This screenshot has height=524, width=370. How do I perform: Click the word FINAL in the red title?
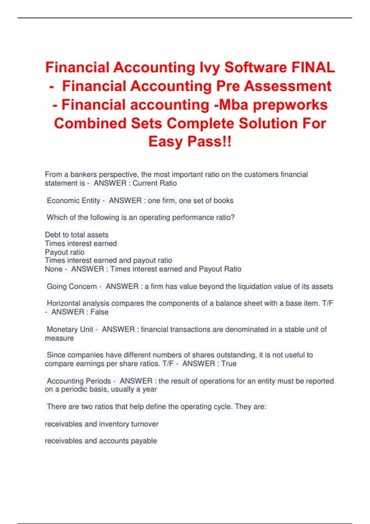coord(313,68)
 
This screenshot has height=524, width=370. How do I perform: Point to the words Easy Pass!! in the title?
coord(190,142)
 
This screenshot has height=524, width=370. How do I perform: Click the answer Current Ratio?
coord(154,183)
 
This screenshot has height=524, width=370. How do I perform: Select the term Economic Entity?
coord(73,201)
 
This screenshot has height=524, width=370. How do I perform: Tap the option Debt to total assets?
coord(77,235)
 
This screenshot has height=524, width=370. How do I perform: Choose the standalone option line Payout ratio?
coord(65,252)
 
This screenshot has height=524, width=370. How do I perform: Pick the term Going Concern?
coord(72,286)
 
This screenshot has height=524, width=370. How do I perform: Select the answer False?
coord(99,312)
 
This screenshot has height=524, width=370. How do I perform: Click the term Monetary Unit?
coord(70,330)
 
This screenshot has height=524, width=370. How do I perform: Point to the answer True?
coord(229,364)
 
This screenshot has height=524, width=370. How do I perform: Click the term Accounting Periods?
coord(79,381)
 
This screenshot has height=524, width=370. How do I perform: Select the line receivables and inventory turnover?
coord(102,424)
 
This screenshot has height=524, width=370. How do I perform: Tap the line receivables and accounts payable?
coord(101,441)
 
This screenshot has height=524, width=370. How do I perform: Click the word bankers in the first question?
coord(84,174)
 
